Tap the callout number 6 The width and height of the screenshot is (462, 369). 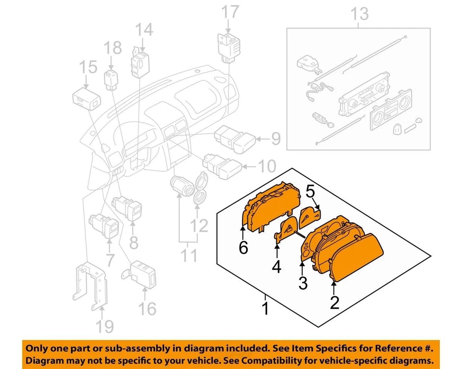tap(244, 248)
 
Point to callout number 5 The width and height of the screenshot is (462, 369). tap(311, 192)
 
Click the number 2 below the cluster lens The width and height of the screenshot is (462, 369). tap(334, 302)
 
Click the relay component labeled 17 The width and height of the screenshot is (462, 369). tap(229, 46)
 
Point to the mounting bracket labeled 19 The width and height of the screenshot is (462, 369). tap(91, 286)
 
